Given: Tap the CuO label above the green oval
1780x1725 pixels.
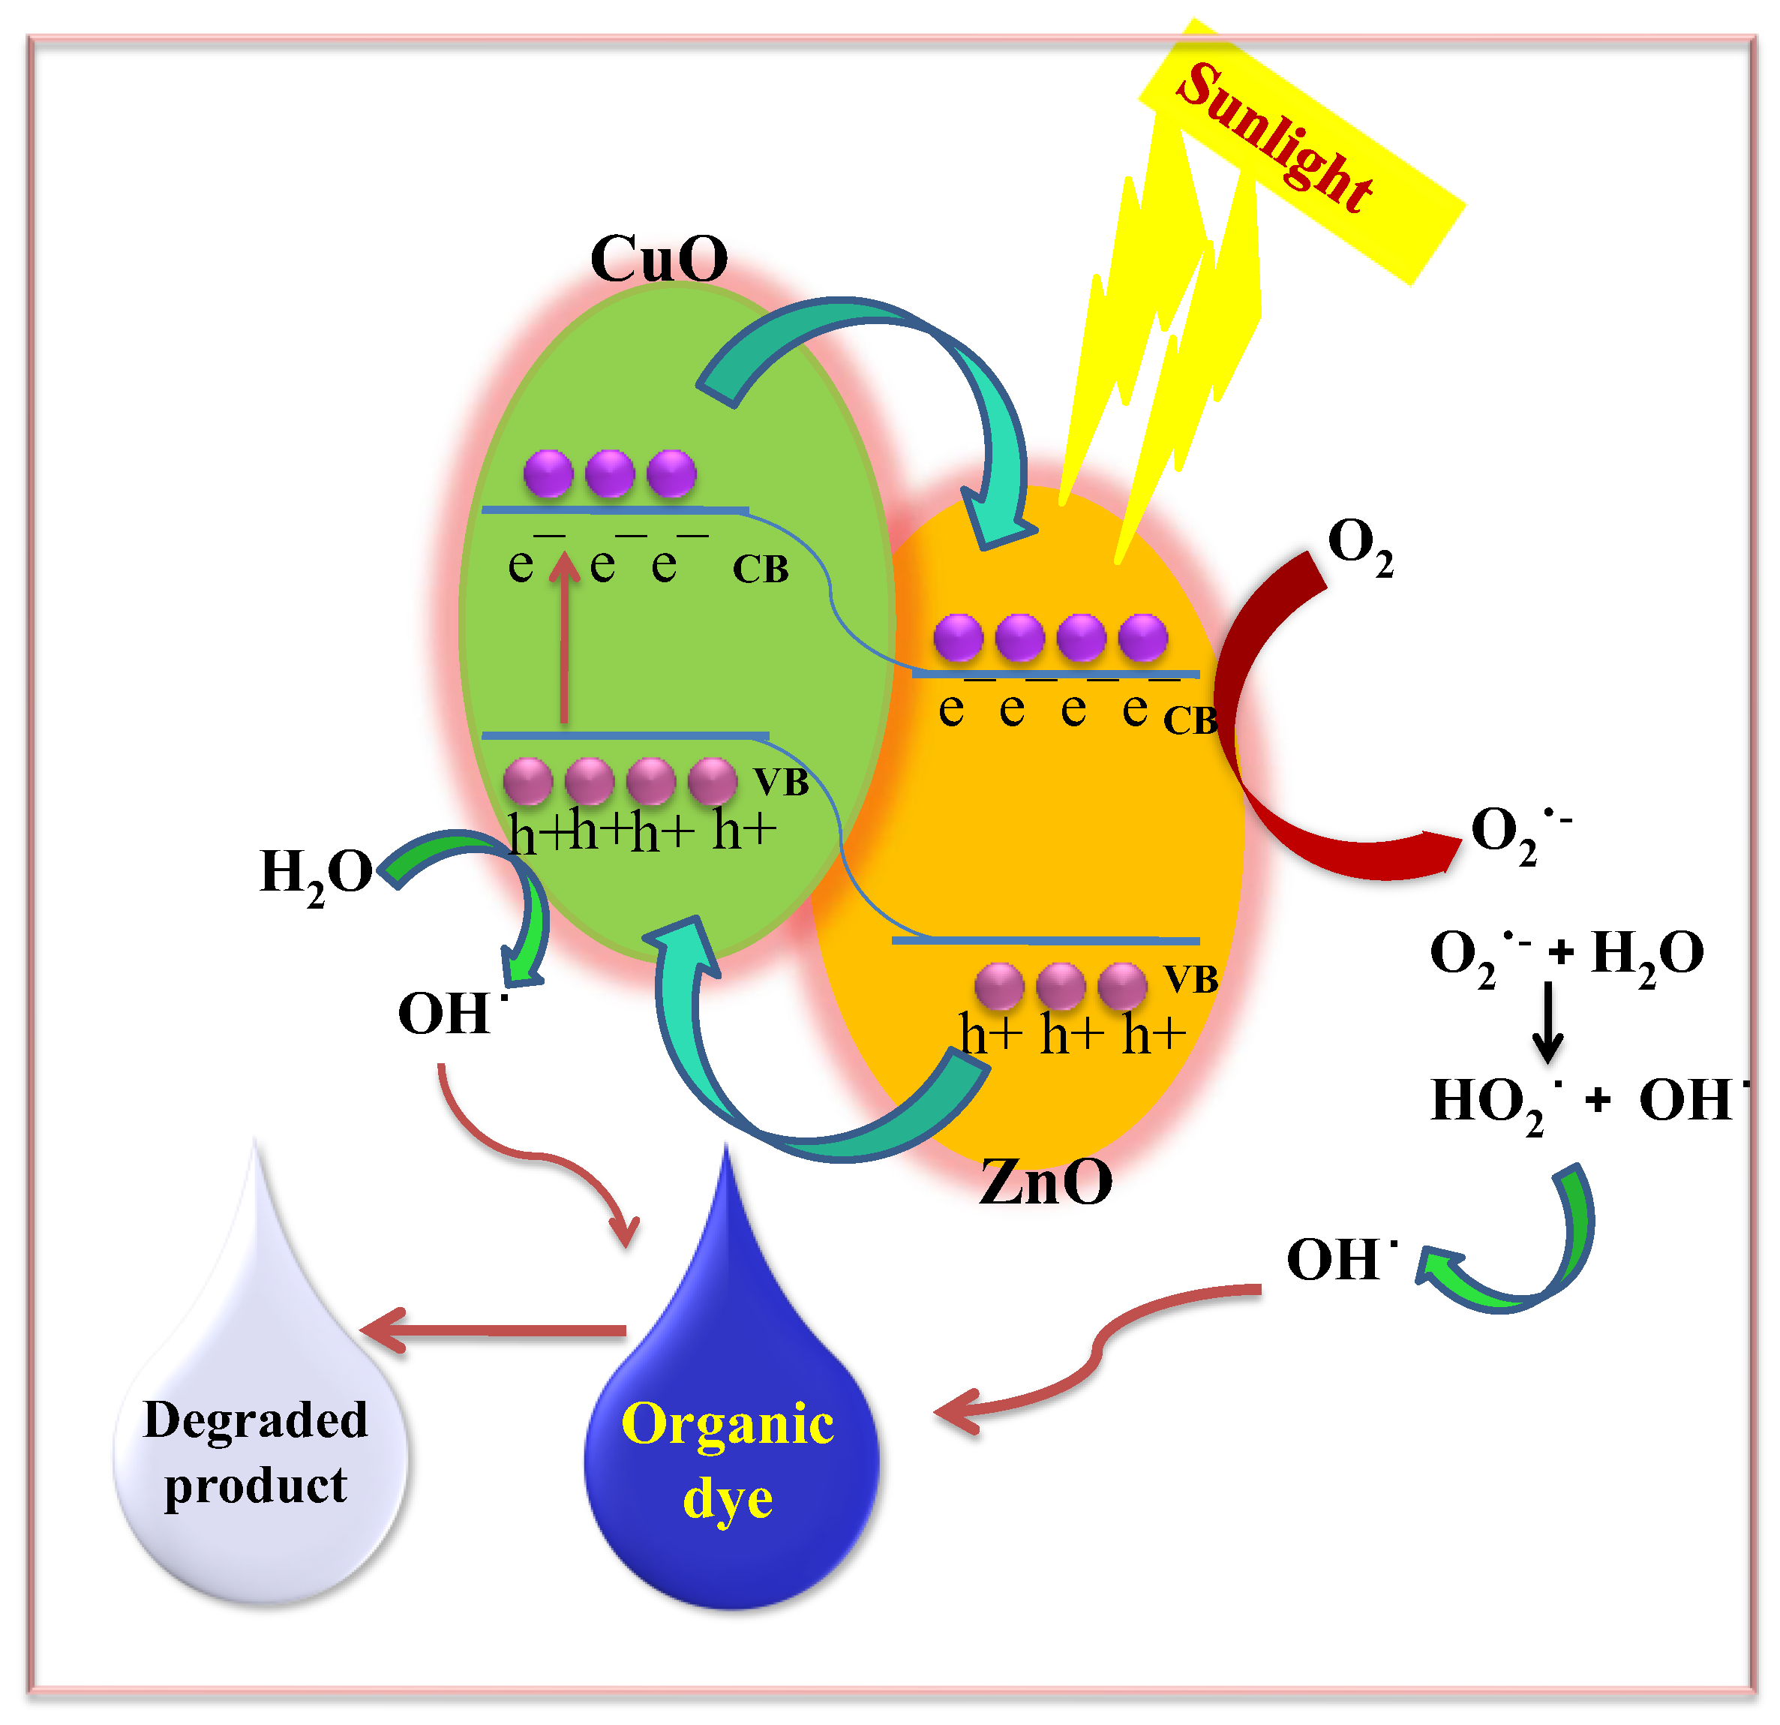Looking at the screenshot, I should pos(659,259).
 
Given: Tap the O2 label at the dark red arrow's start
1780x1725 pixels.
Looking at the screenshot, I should pos(1359,545).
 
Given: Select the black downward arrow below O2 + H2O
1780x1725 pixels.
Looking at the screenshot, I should pos(1547,1022).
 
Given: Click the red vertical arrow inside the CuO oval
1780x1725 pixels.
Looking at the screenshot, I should pos(565,636).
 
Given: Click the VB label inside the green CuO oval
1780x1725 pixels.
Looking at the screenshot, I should pos(781,782).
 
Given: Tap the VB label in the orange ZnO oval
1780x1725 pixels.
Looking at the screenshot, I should pos(1190,979).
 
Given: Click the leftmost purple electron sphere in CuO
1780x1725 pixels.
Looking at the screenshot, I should pos(548,473).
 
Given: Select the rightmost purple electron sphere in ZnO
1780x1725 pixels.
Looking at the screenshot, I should pos(1142,637).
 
